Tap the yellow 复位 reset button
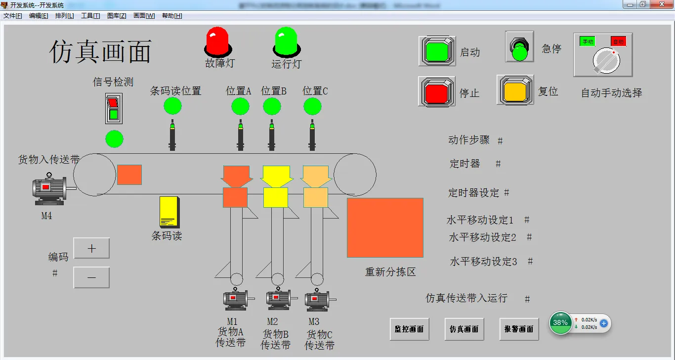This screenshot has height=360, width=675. click(x=515, y=90)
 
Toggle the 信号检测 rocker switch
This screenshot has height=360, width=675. click(x=114, y=108)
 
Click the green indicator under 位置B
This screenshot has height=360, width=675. click(x=272, y=106)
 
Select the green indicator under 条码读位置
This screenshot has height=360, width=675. click(x=172, y=106)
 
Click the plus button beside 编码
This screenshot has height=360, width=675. click(x=91, y=248)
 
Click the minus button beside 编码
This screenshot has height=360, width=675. click(x=91, y=277)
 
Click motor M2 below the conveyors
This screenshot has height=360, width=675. click(x=279, y=298)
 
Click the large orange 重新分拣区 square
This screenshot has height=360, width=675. click(x=385, y=227)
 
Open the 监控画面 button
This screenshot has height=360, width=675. click(x=409, y=329)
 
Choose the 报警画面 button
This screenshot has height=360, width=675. click(x=519, y=329)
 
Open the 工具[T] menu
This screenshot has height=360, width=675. click(x=90, y=16)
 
